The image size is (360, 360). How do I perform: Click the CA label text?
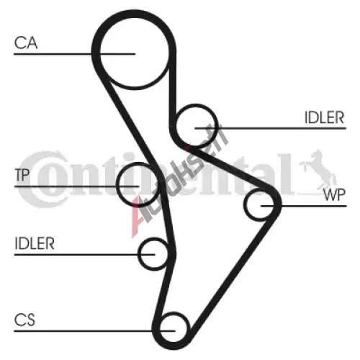tap(26, 43)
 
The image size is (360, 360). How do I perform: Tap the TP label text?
tap(22, 175)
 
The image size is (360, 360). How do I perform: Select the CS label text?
tap(24, 320)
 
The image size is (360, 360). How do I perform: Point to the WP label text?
tap(334, 194)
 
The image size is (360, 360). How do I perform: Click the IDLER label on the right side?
tap(324, 117)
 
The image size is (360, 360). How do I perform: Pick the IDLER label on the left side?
tap(35, 243)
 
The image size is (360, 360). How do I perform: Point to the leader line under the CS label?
tap(95, 331)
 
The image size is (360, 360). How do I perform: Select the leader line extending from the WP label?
tap(304, 206)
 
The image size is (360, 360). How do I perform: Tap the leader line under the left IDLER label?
tap(84, 254)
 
